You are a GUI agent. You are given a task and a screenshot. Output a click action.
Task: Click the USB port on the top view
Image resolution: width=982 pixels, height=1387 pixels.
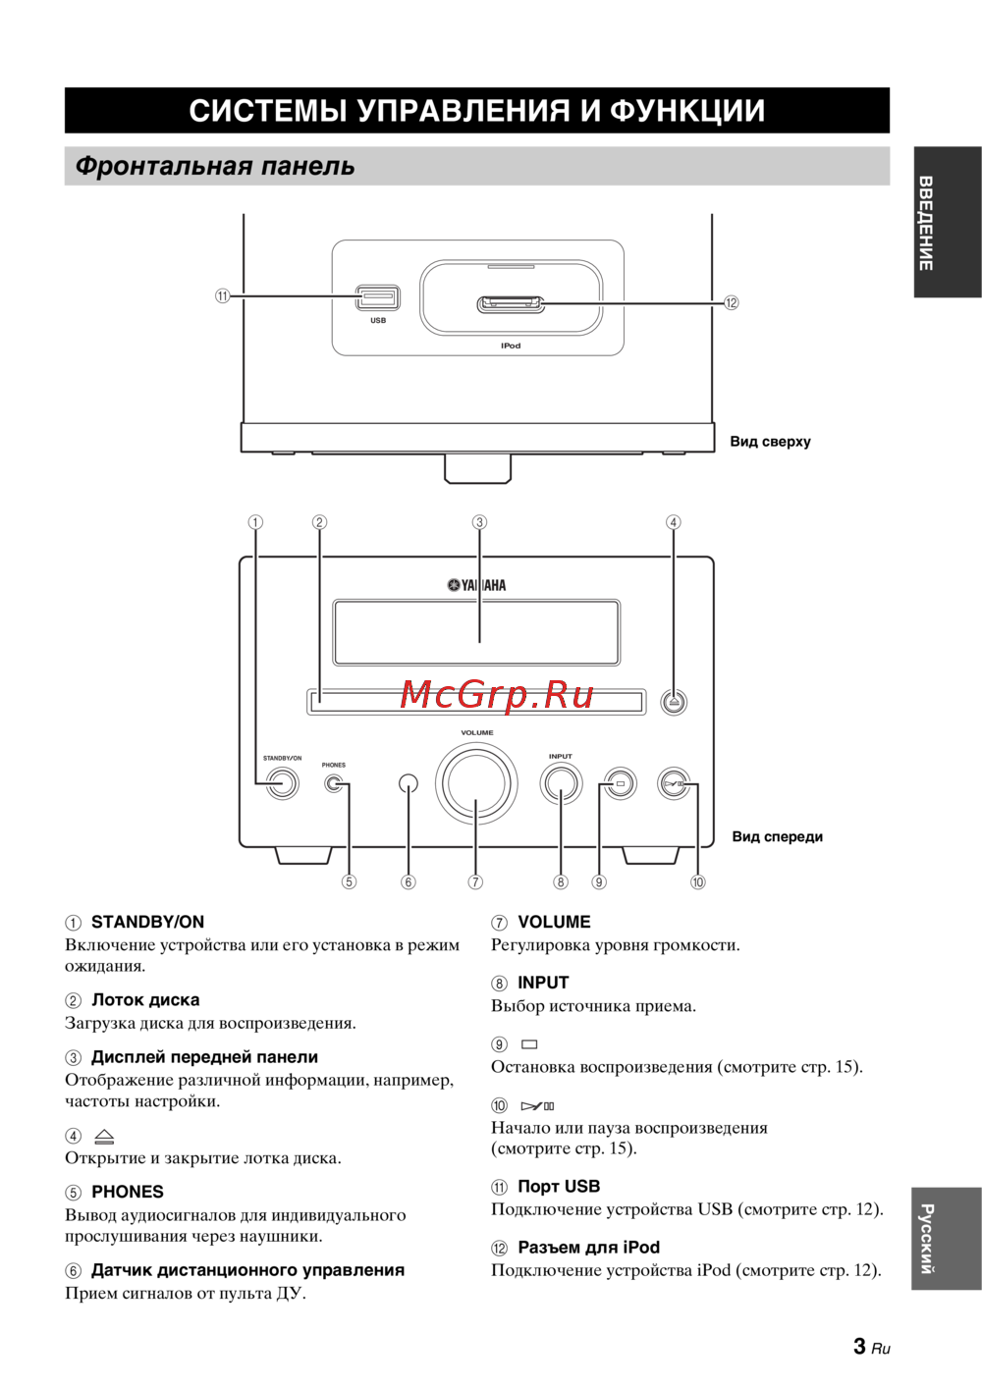[x=378, y=296]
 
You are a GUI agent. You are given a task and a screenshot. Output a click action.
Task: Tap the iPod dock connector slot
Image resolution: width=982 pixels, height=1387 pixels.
[x=510, y=304]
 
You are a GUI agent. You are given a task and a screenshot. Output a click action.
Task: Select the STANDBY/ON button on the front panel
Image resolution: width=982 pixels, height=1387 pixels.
[x=283, y=783]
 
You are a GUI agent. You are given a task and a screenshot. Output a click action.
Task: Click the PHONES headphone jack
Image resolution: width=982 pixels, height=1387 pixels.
[x=335, y=783]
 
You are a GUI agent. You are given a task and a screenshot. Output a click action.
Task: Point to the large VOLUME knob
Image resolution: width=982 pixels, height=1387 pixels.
[x=476, y=783]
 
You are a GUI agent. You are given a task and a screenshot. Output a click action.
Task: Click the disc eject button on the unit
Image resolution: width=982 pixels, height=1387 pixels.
[x=673, y=702]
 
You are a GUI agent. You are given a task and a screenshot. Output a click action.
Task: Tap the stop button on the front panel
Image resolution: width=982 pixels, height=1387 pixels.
[x=620, y=784]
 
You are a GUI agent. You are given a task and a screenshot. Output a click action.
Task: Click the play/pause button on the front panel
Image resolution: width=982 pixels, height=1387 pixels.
[x=675, y=784]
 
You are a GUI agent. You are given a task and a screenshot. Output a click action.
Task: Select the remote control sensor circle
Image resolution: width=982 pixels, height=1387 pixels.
[x=409, y=783]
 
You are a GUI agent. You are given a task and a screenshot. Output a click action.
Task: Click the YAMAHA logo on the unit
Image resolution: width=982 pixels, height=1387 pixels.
[x=477, y=585]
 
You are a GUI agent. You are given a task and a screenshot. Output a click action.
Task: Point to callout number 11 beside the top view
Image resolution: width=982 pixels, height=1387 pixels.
[x=223, y=295]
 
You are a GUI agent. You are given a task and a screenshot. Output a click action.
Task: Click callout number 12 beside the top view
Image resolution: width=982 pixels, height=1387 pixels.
[x=731, y=303]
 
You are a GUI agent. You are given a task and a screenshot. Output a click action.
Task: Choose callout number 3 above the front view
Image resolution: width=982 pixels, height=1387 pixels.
[x=479, y=522]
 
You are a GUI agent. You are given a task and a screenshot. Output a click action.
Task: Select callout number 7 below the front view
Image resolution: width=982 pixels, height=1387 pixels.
[x=475, y=882]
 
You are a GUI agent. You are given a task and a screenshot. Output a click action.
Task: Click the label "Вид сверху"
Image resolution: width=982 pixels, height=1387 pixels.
[x=770, y=442]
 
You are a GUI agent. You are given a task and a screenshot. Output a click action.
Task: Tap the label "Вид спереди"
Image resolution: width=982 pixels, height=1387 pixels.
[x=777, y=837]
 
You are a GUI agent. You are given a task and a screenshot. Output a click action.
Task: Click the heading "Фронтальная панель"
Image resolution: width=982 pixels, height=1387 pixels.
[x=215, y=166]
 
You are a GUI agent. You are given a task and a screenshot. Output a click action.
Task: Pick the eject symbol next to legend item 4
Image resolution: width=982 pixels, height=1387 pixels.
[x=104, y=1137]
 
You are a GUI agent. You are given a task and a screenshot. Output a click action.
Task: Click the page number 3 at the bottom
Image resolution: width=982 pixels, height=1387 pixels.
[x=859, y=1347]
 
